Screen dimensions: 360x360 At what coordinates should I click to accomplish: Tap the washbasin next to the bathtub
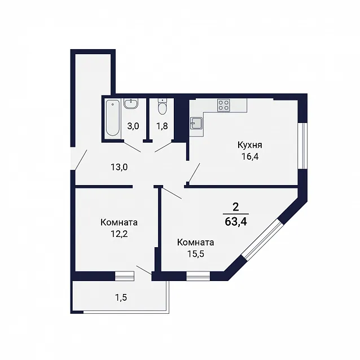click(131, 103)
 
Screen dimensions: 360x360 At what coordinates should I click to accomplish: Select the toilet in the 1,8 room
click(163, 107)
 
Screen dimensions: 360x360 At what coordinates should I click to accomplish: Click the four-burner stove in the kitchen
click(223, 106)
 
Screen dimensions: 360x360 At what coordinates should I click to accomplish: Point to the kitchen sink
click(196, 123)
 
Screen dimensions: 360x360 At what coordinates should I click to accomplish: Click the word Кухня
click(250, 146)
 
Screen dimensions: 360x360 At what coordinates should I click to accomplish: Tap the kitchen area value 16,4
click(250, 156)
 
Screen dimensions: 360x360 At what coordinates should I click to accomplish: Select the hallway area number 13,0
click(119, 167)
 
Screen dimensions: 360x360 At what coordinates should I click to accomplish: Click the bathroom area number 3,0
click(133, 126)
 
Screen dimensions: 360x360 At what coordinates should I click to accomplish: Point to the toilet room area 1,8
click(162, 126)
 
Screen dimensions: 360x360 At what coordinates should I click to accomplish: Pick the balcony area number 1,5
click(121, 297)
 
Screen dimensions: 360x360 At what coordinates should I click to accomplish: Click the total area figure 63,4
click(236, 222)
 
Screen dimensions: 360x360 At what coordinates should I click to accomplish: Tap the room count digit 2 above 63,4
click(235, 207)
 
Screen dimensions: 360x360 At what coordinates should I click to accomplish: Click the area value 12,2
click(119, 234)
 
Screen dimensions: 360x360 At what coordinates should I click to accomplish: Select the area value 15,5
click(196, 254)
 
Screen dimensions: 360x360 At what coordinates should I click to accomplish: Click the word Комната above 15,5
click(196, 243)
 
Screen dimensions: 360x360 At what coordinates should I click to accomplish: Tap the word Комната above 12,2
click(119, 222)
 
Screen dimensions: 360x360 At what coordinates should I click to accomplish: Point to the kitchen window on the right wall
click(304, 146)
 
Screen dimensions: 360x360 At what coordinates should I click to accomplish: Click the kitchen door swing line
click(194, 173)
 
